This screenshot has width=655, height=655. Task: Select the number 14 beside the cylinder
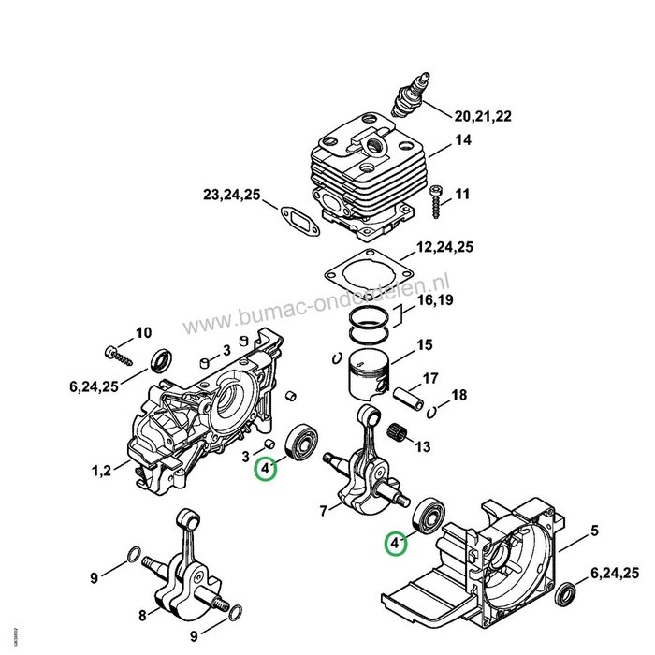coord(463,141)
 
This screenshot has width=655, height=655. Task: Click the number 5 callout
coord(593,532)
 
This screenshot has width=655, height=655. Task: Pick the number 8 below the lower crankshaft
coord(142,615)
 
